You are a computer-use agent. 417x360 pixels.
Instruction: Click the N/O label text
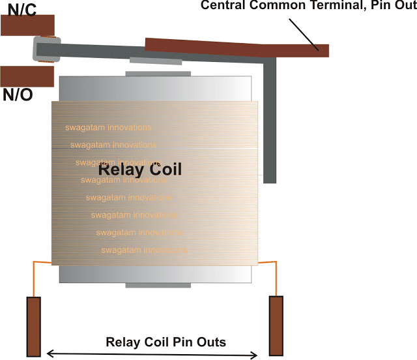pyautogui.click(x=18, y=95)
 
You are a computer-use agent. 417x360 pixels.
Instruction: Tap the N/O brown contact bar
pyautogui.click(x=26, y=76)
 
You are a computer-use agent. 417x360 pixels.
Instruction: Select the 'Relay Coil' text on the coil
pyautogui.click(x=139, y=170)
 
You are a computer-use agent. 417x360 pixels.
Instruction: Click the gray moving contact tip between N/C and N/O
pyautogui.click(x=44, y=50)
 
